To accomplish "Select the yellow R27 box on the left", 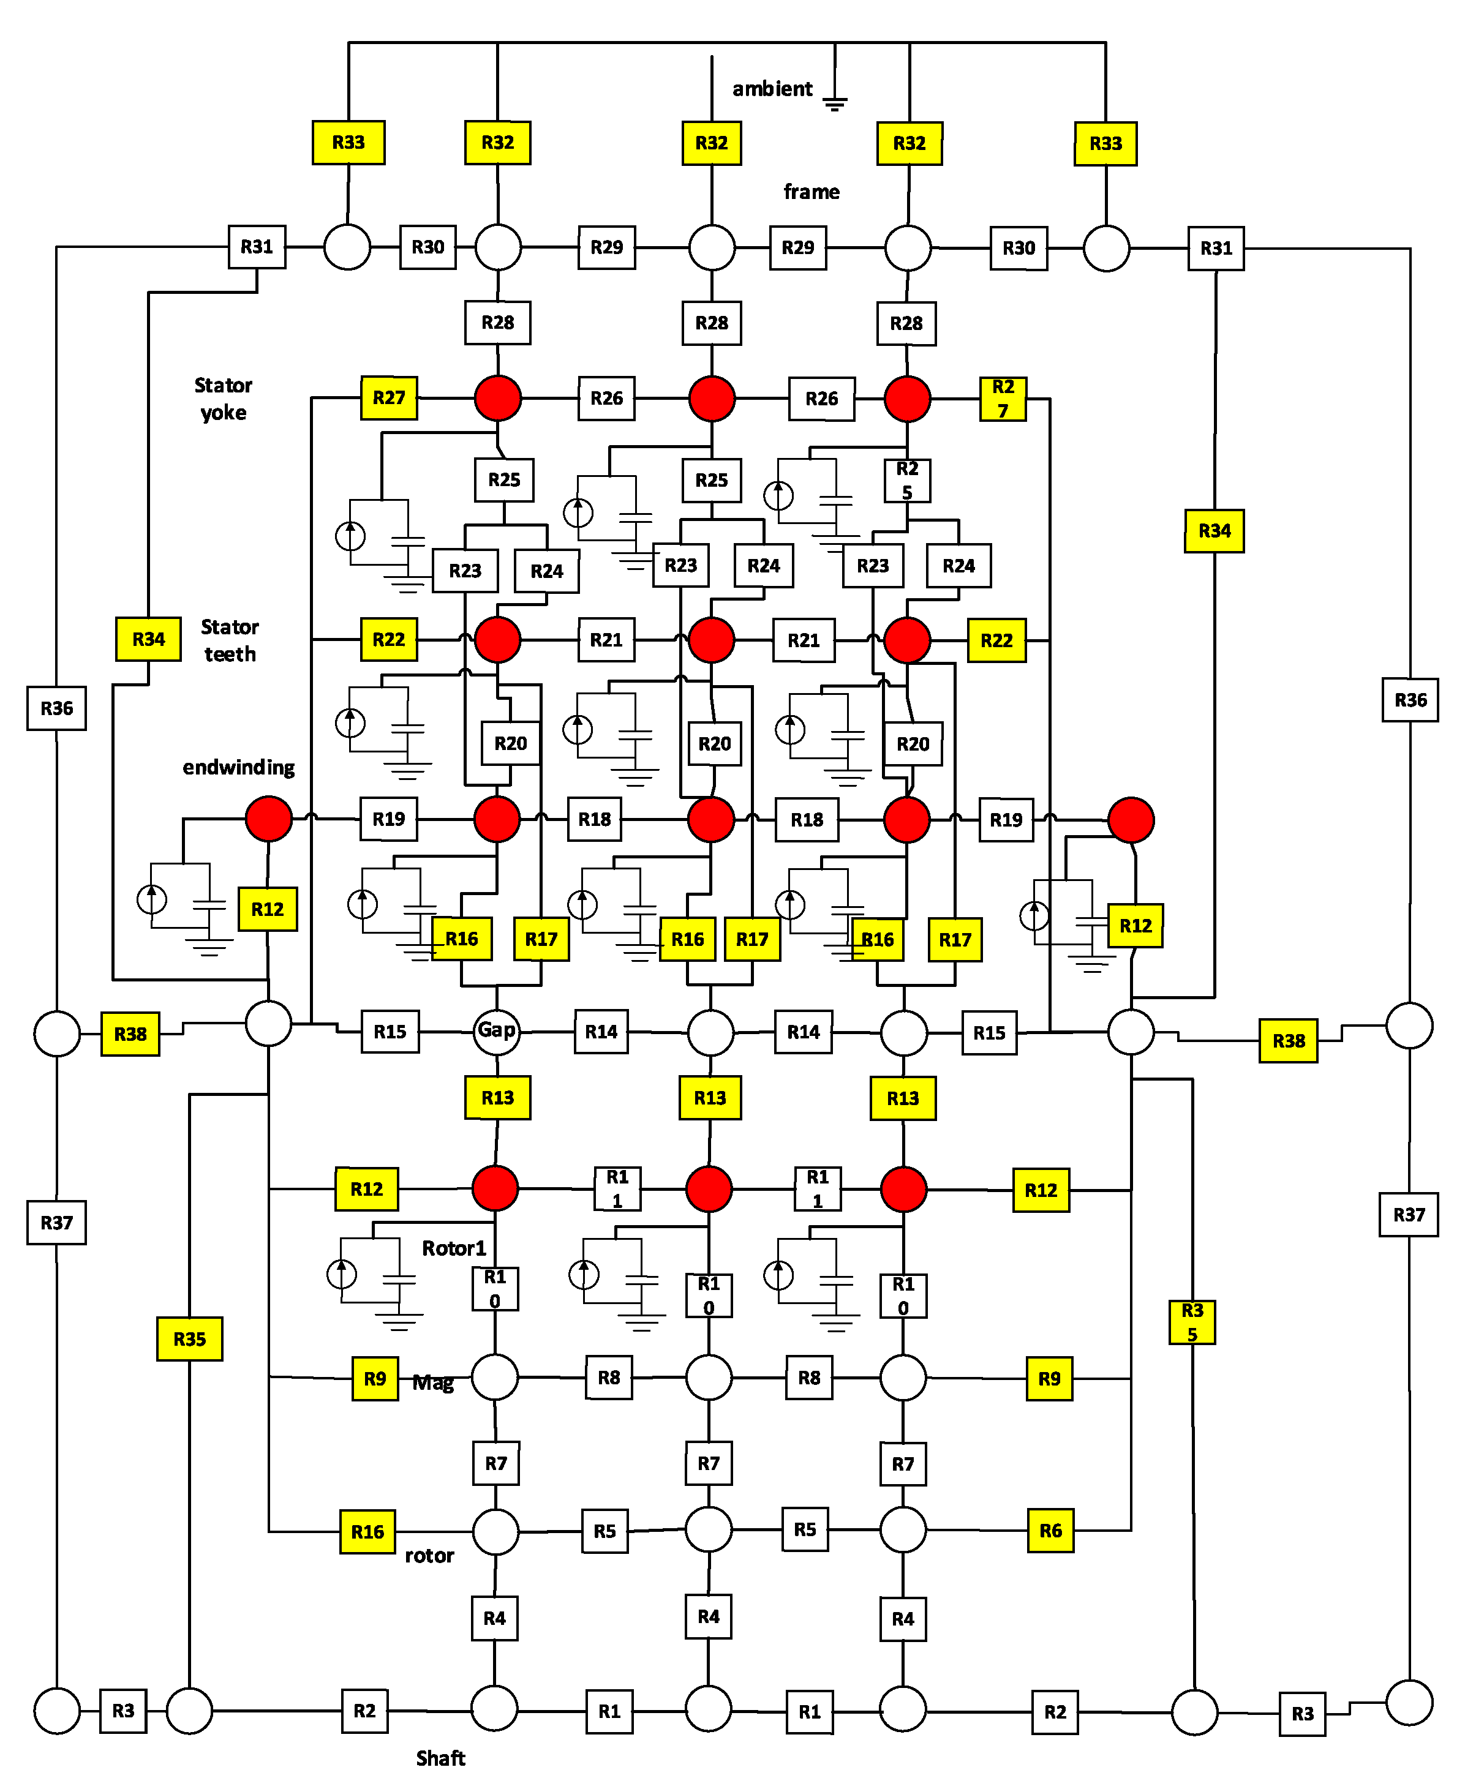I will click(x=389, y=397).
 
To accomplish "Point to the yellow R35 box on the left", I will click(x=190, y=1338).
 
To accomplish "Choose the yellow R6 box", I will click(x=1050, y=1531).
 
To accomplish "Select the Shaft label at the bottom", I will click(x=440, y=1758).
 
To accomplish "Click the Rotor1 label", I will click(x=454, y=1248).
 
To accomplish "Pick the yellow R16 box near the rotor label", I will click(x=368, y=1532).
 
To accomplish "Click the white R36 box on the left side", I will click(x=56, y=708).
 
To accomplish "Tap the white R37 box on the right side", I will click(x=1409, y=1215).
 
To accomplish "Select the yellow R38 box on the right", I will click(x=1288, y=1041).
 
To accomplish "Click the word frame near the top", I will click(x=811, y=192).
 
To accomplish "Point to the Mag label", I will click(x=433, y=1382).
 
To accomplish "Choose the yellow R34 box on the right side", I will click(x=1215, y=531).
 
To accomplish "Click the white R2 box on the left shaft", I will click(x=364, y=1711).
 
